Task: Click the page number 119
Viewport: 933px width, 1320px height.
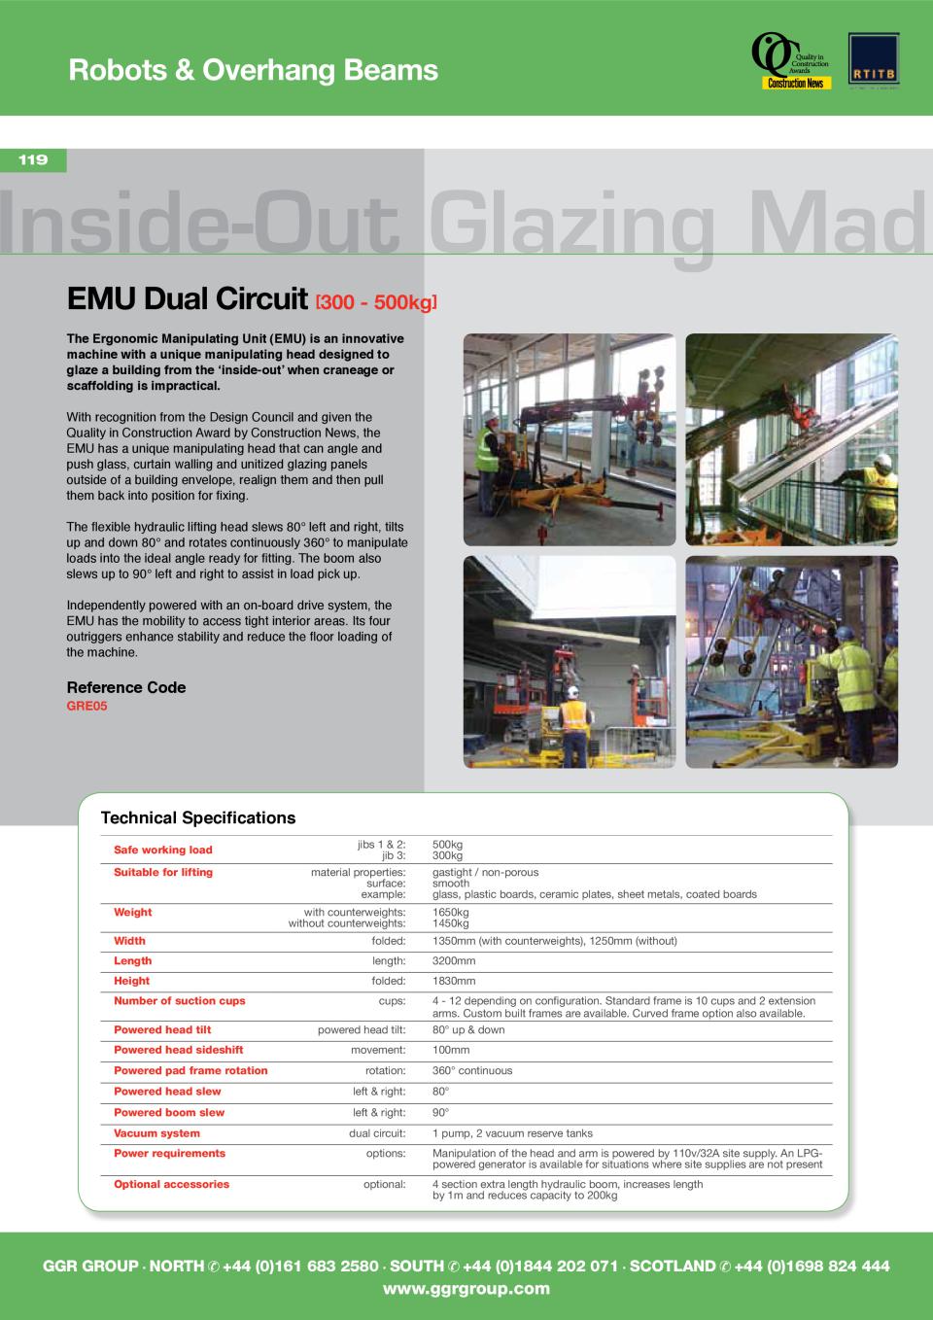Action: click(33, 160)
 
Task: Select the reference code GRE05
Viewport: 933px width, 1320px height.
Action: click(86, 706)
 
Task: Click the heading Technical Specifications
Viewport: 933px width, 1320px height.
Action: click(198, 818)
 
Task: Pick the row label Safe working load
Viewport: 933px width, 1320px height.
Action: click(162, 850)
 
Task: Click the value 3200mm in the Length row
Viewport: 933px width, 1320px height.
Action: click(454, 960)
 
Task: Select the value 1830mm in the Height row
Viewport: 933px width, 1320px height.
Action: click(454, 981)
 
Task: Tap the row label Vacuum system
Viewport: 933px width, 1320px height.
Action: click(156, 1133)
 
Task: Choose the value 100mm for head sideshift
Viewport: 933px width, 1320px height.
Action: click(451, 1050)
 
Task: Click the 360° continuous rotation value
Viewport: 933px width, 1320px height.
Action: click(472, 1070)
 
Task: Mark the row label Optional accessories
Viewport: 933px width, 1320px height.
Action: click(171, 1184)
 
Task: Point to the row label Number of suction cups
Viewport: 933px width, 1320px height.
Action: click(179, 1000)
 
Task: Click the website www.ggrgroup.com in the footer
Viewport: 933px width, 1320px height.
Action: click(466, 1289)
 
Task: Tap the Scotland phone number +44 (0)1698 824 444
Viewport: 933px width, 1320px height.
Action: click(812, 1266)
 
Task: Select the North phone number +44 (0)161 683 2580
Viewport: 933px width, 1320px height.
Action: click(300, 1266)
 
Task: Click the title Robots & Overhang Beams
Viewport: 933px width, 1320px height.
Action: click(253, 70)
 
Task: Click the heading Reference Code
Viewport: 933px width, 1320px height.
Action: click(126, 687)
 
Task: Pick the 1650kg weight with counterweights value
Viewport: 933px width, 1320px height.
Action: click(451, 913)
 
